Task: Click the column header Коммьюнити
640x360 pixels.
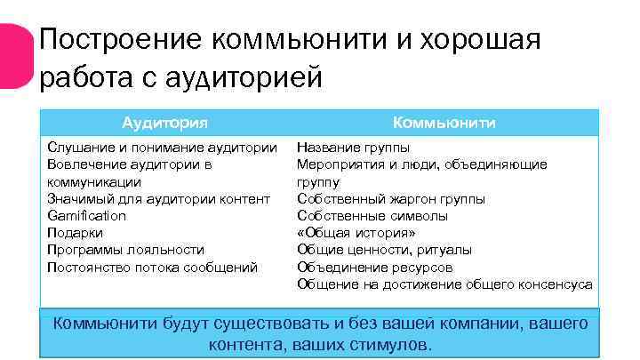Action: click(444, 123)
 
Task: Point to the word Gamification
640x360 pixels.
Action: click(86, 216)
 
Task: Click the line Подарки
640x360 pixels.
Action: click(75, 233)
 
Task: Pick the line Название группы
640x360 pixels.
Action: click(353, 148)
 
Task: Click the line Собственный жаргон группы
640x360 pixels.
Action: click(391, 199)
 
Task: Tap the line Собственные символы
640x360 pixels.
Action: click(372, 216)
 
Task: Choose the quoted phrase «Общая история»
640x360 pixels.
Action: click(356, 233)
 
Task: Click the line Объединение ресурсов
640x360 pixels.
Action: click(374, 267)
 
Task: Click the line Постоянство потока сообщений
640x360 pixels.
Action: click(152, 267)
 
